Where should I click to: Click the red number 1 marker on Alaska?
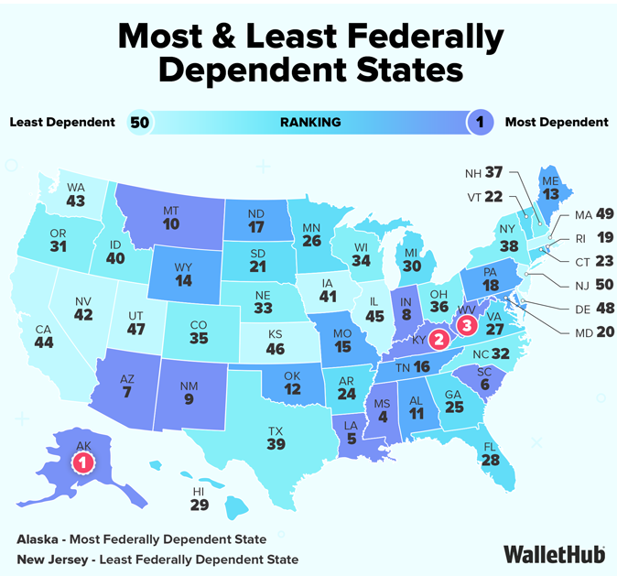(x=83, y=462)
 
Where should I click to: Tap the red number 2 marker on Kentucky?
(x=438, y=341)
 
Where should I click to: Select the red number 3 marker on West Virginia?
(x=467, y=324)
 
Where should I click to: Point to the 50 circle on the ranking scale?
(x=139, y=122)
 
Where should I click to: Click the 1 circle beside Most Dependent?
(x=479, y=122)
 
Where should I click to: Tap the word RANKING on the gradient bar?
(x=310, y=122)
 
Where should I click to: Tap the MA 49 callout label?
(x=590, y=214)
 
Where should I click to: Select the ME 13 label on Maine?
(x=549, y=185)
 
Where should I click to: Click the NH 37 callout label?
(x=482, y=172)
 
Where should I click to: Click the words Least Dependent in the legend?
(x=62, y=122)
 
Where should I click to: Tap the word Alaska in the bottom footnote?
(x=37, y=538)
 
